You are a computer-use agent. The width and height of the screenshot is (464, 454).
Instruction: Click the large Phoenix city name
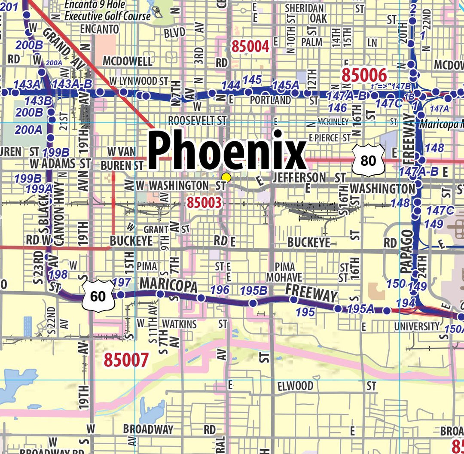[x=227, y=150]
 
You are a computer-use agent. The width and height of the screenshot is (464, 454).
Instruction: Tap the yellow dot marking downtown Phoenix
[x=226, y=177]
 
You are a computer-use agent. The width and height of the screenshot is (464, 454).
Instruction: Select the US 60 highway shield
[x=98, y=296]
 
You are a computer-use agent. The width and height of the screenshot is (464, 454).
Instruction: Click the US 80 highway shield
[x=368, y=161]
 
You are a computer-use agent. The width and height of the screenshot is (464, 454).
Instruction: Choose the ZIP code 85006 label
[x=364, y=75]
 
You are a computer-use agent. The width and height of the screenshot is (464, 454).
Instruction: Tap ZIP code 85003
[x=204, y=203]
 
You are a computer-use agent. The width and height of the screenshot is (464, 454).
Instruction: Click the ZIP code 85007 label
[x=126, y=360]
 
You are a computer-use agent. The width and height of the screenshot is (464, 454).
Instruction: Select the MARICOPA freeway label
[x=168, y=285]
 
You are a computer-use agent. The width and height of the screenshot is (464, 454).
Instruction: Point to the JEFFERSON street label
[x=305, y=177]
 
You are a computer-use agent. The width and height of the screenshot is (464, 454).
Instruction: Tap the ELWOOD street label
[x=295, y=386]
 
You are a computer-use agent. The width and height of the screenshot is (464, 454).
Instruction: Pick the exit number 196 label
[x=220, y=290]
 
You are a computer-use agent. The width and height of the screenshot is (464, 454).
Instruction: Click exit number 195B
[x=253, y=291]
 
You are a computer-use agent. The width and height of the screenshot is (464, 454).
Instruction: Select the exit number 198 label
[x=58, y=274]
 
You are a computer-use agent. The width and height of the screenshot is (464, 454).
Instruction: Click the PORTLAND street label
[x=271, y=100]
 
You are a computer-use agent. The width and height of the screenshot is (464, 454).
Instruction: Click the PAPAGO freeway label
[x=406, y=252]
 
